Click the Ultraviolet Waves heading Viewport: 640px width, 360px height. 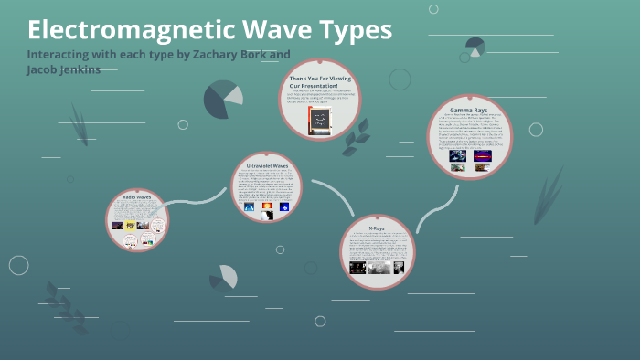tap(267, 165)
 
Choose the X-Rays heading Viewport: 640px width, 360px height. tap(378, 228)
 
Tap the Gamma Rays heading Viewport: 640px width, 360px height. tap(469, 110)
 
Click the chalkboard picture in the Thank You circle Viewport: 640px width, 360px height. tap(319, 123)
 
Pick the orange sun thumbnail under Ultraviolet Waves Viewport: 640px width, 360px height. tap(267, 206)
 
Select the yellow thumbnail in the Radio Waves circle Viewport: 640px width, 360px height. tap(131, 225)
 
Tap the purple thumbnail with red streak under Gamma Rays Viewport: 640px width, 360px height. tap(482, 156)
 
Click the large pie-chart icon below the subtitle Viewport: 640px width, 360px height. tap(222, 99)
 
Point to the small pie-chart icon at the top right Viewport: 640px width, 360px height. tap(475, 46)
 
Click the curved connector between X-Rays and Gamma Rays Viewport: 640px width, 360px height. tap(430, 208)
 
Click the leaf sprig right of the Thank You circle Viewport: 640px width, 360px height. tap(358, 132)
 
